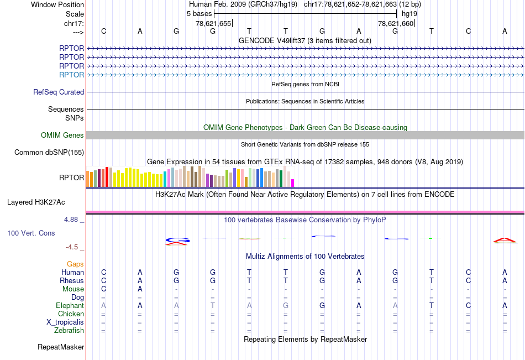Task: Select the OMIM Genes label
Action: (x=62, y=135)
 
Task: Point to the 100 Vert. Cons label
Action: (x=31, y=233)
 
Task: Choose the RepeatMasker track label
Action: (x=61, y=347)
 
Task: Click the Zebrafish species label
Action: (x=70, y=331)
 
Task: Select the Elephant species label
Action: (x=70, y=306)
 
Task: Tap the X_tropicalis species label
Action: (x=65, y=322)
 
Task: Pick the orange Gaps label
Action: (x=75, y=264)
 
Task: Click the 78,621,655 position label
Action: (x=213, y=23)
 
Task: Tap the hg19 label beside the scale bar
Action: (x=410, y=13)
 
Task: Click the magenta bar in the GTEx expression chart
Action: (x=293, y=182)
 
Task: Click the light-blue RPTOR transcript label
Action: (x=72, y=75)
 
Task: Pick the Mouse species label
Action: (x=73, y=289)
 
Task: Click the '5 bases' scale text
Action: (x=199, y=13)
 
